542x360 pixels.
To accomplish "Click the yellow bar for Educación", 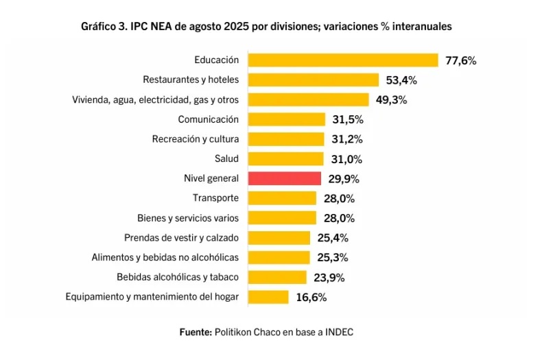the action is point(343,60).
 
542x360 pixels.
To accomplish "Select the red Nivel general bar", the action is point(285,178).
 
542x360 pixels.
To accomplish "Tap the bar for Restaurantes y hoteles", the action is point(313,80).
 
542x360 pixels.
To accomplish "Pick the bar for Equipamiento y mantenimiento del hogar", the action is point(268,297).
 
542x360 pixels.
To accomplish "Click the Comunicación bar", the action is point(287,119).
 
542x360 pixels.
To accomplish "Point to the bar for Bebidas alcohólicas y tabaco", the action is point(277,277).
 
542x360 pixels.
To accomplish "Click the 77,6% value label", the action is point(461,61).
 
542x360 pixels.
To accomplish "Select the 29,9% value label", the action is point(344,179).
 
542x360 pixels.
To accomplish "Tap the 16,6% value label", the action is point(311,298).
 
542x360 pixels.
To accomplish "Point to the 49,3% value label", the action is point(391,100).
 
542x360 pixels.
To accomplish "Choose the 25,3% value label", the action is point(333,258).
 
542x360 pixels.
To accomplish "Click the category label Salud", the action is point(226,158).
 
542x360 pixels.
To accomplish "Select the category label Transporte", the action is point(215,198).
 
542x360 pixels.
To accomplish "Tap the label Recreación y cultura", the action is point(196,139).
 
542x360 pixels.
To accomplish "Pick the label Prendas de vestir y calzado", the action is point(182,238).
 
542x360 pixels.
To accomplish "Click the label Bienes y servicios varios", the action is point(188,218).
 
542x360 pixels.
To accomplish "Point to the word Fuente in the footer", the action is point(196,332).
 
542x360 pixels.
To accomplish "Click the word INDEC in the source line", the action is point(339,332).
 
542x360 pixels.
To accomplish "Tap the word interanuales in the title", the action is point(422,26).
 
